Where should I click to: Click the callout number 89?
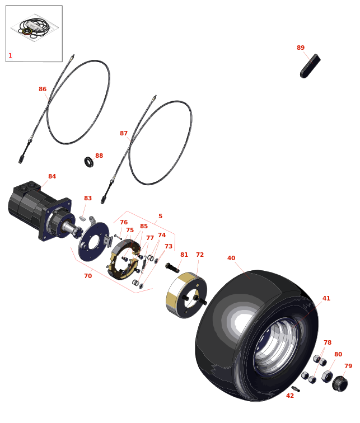point(301,48)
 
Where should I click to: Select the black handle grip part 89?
point(310,66)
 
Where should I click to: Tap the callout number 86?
point(43,90)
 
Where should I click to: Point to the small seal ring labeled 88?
point(89,162)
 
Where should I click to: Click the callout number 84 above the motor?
point(52,177)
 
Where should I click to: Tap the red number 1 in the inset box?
point(10,56)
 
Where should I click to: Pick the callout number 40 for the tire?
point(231,258)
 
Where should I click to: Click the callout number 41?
point(326,299)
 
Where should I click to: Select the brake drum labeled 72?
point(186,294)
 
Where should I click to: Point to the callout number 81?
point(184,255)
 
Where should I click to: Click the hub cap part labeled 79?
point(340,384)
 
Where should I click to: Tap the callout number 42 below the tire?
point(290,396)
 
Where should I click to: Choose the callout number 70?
point(88,276)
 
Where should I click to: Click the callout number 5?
point(160,217)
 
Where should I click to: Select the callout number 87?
point(124,134)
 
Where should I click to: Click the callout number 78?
point(328,343)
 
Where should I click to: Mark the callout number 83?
point(88,199)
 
